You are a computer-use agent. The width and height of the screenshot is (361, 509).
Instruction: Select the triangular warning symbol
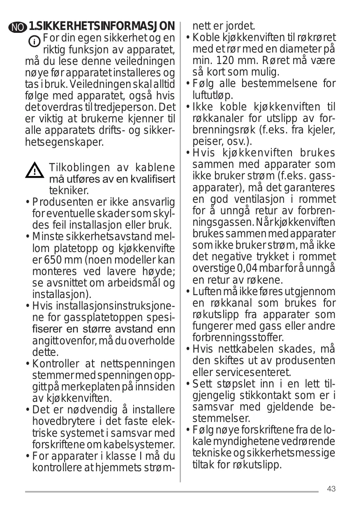[x=35, y=171]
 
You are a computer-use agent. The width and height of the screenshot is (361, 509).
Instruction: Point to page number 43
[x=331, y=489]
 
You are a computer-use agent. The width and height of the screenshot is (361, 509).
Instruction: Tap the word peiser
[x=205, y=142]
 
